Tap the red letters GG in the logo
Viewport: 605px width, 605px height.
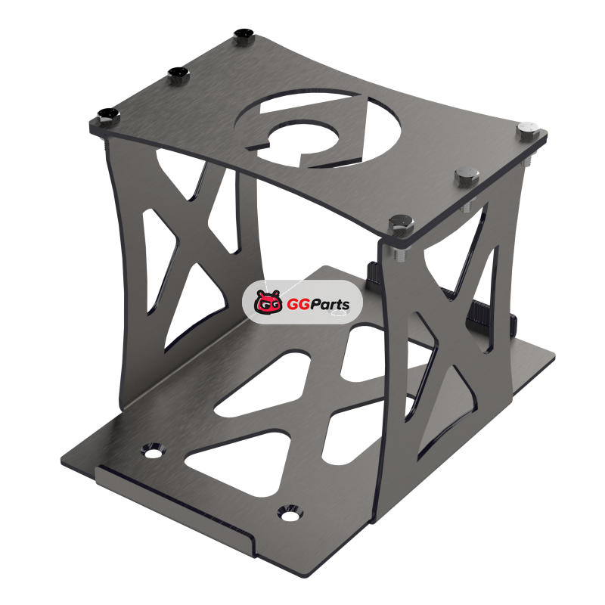coord(298,305)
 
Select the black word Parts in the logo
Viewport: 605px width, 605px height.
coord(330,305)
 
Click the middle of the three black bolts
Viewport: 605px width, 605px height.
coord(178,74)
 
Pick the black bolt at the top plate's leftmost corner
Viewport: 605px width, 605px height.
coord(108,116)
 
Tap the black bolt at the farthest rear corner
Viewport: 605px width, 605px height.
coord(244,36)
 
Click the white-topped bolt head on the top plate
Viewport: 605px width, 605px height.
coord(527,129)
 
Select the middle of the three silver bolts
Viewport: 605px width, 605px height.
coord(467,175)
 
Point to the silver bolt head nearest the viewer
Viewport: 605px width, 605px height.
coord(402,225)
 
